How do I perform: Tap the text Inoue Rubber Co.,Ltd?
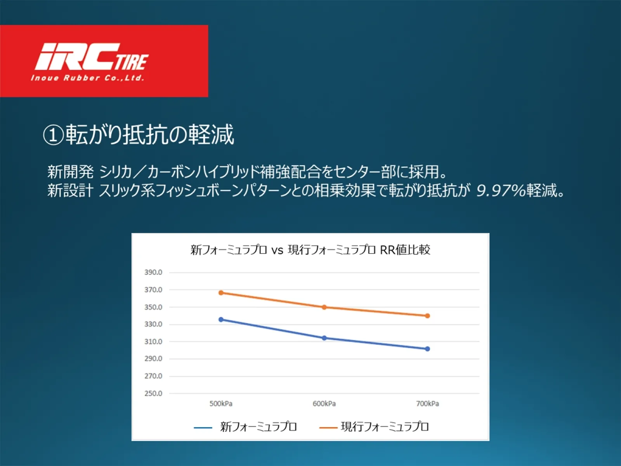[88, 78]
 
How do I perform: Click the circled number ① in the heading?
[53, 135]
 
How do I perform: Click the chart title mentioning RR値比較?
[310, 250]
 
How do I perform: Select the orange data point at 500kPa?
[221, 293]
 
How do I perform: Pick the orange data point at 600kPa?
[324, 307]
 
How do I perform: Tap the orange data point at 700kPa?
[427, 316]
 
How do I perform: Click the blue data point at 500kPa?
[221, 320]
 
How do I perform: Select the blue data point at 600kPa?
[324, 338]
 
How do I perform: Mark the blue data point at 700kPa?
[427, 349]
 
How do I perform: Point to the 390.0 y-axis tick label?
[153, 273]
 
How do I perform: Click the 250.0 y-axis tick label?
[153, 393]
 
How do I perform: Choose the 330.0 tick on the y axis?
[153, 324]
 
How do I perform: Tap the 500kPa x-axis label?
[221, 404]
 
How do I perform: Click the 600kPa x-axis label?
[324, 404]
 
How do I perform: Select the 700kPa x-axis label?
[427, 404]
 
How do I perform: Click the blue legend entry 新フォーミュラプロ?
[245, 427]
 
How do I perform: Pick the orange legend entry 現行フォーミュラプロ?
[374, 427]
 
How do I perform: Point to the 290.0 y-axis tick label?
[153, 359]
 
